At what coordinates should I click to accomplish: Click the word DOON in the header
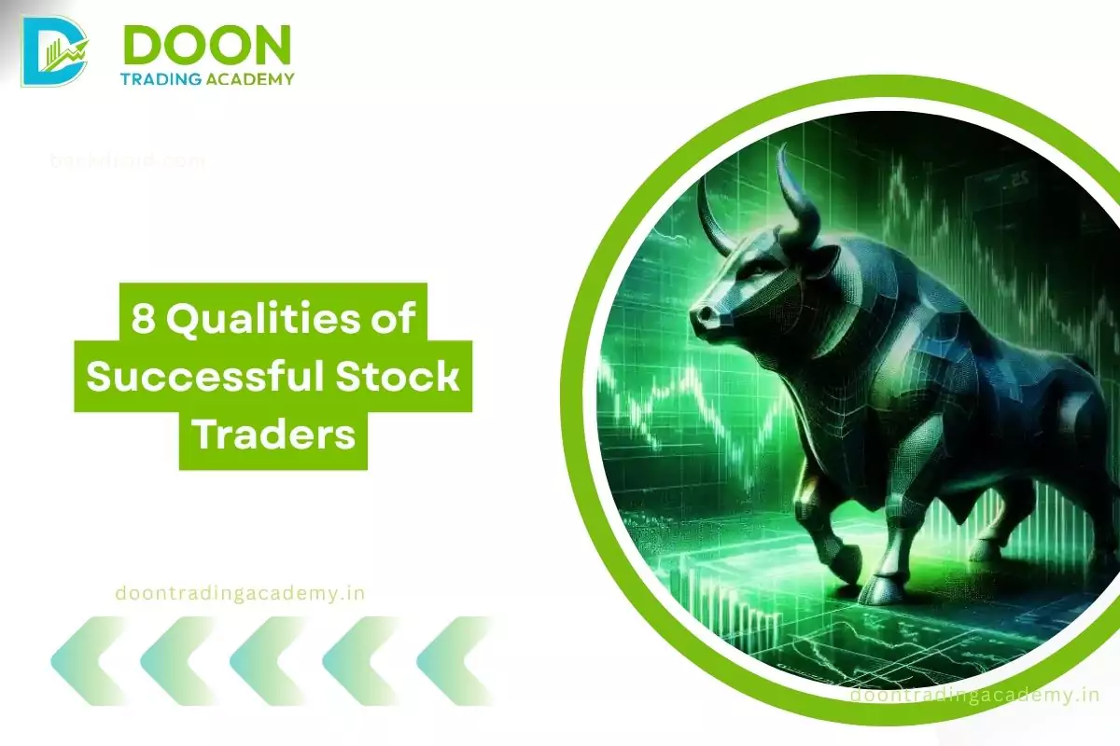tap(206, 44)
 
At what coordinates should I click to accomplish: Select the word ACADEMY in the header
tap(249, 79)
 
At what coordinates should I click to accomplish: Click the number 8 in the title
tap(142, 321)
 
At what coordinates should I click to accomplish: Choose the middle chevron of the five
tap(270, 660)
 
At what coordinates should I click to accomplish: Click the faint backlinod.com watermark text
tap(128, 160)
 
